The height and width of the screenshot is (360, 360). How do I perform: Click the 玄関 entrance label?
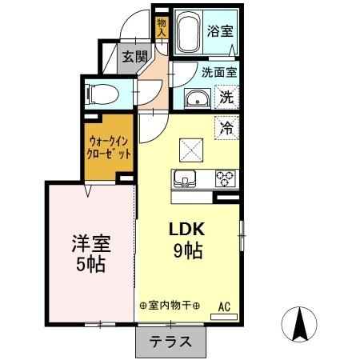[134, 56]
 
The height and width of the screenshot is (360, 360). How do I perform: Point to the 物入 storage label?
[161, 27]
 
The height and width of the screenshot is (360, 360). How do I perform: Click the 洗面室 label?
[218, 70]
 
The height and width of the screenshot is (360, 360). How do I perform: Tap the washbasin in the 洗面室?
[195, 99]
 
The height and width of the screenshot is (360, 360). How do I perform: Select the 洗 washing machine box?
[227, 98]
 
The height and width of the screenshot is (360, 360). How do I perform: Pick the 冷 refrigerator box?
[227, 126]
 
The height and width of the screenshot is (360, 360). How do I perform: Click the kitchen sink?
[185, 178]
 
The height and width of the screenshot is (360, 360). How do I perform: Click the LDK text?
[186, 228]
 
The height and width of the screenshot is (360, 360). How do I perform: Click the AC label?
[224, 306]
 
